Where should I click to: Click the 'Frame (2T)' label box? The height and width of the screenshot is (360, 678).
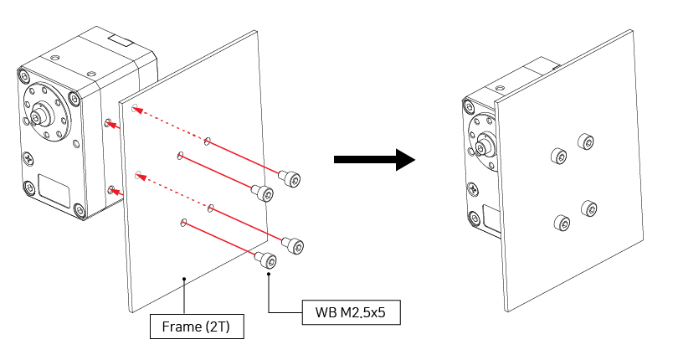click(x=197, y=327)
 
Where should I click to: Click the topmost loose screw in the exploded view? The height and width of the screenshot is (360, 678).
click(x=290, y=178)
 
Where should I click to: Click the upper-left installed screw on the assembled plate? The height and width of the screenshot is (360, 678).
click(x=557, y=155)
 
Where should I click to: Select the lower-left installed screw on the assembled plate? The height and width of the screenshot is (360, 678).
click(x=562, y=223)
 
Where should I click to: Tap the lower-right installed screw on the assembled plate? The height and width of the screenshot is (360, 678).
click(x=588, y=208)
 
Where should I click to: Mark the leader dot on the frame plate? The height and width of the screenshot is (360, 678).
click(x=183, y=278)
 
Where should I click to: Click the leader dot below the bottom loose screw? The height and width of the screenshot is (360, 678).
click(x=269, y=273)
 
